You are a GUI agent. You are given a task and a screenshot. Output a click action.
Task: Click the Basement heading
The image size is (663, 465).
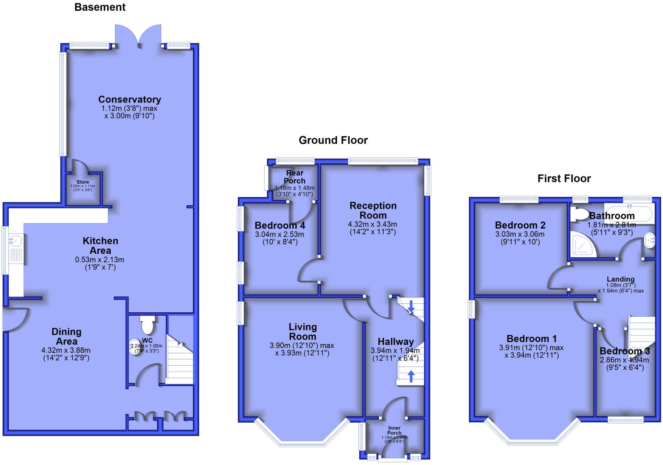[x=100, y=7]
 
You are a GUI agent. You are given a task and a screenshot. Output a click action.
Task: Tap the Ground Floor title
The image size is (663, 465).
[x=333, y=140]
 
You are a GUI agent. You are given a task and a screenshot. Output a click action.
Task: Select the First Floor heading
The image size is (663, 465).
[x=564, y=178]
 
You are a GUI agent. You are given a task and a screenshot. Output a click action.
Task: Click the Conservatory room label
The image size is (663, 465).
[x=129, y=99]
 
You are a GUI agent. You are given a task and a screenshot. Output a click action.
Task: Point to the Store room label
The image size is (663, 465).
[x=83, y=182]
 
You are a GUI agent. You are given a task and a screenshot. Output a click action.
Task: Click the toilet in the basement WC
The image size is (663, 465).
[x=147, y=325]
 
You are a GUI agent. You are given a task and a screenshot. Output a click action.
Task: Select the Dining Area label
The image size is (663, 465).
[x=66, y=336]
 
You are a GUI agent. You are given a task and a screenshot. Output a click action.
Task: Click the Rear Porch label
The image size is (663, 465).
[x=295, y=177]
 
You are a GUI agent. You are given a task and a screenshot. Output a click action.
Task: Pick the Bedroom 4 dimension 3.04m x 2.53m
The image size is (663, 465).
[x=280, y=234]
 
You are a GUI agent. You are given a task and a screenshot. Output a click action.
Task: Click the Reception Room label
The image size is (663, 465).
[x=373, y=211]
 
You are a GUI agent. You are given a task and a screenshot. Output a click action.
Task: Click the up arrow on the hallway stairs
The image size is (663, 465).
[x=411, y=376]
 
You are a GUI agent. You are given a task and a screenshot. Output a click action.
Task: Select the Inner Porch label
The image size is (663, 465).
[x=394, y=430]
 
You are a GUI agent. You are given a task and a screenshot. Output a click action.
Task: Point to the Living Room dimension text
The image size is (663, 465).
[x=302, y=349]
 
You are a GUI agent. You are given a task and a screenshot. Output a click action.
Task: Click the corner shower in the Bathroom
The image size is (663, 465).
[x=582, y=245]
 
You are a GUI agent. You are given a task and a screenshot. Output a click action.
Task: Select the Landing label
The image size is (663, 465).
[x=620, y=279]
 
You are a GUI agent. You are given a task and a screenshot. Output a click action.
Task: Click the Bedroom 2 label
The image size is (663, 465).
[x=520, y=225]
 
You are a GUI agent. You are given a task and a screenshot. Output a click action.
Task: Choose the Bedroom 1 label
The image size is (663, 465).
[x=532, y=339]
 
